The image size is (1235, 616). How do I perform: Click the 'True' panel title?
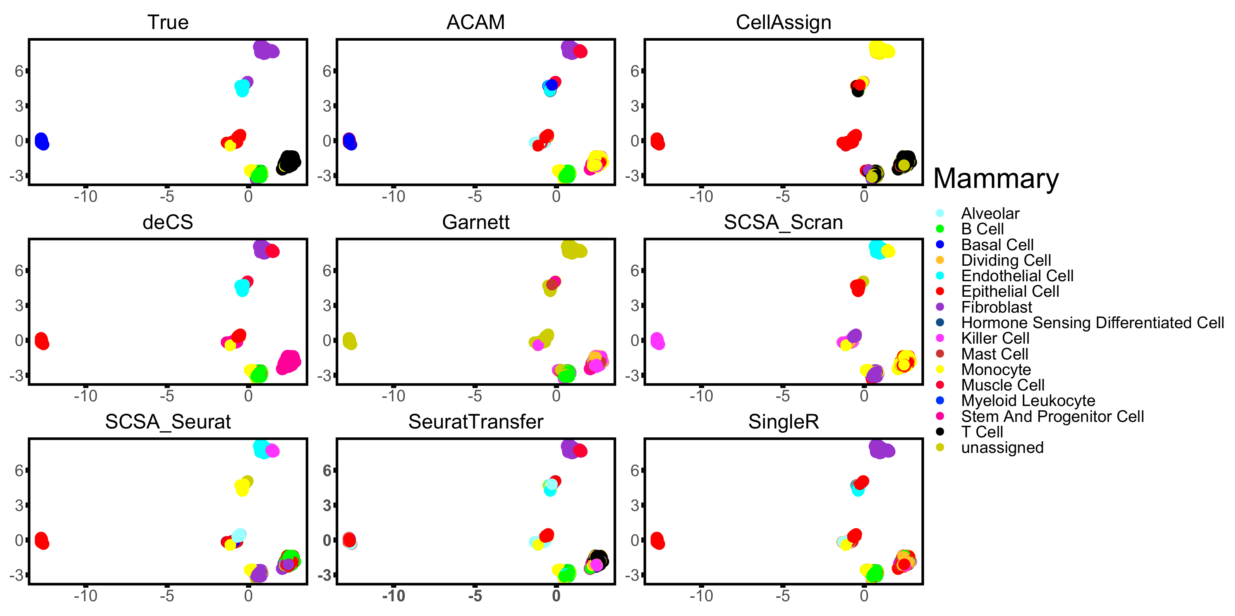point(168,22)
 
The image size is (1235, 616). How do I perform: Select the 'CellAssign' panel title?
point(783,22)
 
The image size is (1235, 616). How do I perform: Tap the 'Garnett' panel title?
point(476,222)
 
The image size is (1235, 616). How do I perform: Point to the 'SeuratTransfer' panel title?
point(476,422)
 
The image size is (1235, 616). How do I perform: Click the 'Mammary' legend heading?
point(996,179)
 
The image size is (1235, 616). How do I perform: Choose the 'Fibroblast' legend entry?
point(996,307)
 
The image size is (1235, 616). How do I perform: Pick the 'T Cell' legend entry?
point(982,432)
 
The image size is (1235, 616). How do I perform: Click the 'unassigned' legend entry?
point(1002,447)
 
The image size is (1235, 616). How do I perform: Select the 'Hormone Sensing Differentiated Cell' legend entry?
point(1092,322)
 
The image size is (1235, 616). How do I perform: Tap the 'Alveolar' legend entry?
point(990,213)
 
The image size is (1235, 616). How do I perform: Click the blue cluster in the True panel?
point(42,141)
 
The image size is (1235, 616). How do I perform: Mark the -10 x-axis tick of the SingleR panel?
point(701,596)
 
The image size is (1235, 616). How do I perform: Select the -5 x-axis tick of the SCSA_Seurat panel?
point(167,596)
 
